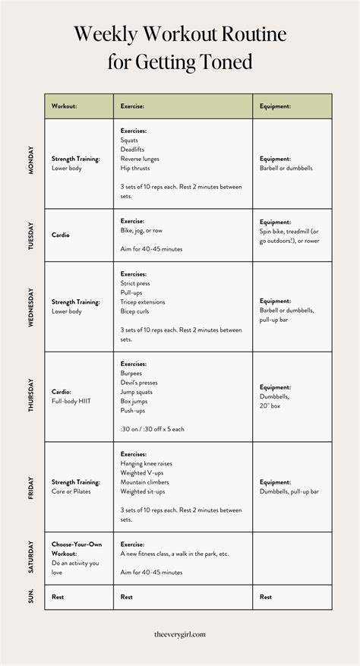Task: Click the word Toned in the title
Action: click(225, 62)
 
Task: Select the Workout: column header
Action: click(64, 106)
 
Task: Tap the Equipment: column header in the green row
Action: click(275, 106)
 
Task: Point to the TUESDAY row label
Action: click(31, 235)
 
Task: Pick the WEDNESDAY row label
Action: click(31, 307)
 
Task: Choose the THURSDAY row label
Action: click(31, 396)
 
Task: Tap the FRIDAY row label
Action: click(31, 486)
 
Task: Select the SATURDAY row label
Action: click(31, 558)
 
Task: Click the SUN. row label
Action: click(31, 597)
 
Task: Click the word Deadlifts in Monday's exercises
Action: click(134, 149)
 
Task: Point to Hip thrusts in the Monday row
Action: click(135, 168)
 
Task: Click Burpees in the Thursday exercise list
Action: click(131, 373)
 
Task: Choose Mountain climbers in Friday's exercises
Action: click(144, 481)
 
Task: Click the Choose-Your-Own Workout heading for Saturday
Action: click(77, 548)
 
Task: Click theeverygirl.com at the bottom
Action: click(180, 633)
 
